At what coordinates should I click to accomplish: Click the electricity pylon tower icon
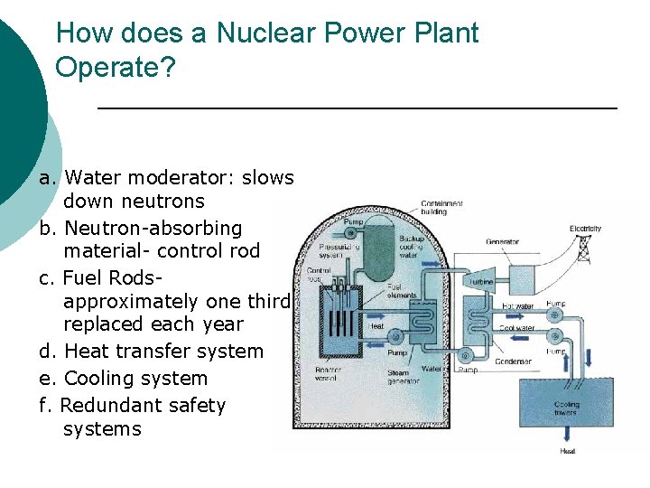point(584,245)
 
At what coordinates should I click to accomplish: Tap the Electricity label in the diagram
point(584,229)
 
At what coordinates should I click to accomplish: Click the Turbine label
point(479,282)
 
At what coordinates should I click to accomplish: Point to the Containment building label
point(441,208)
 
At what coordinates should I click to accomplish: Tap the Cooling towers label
point(567,408)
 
